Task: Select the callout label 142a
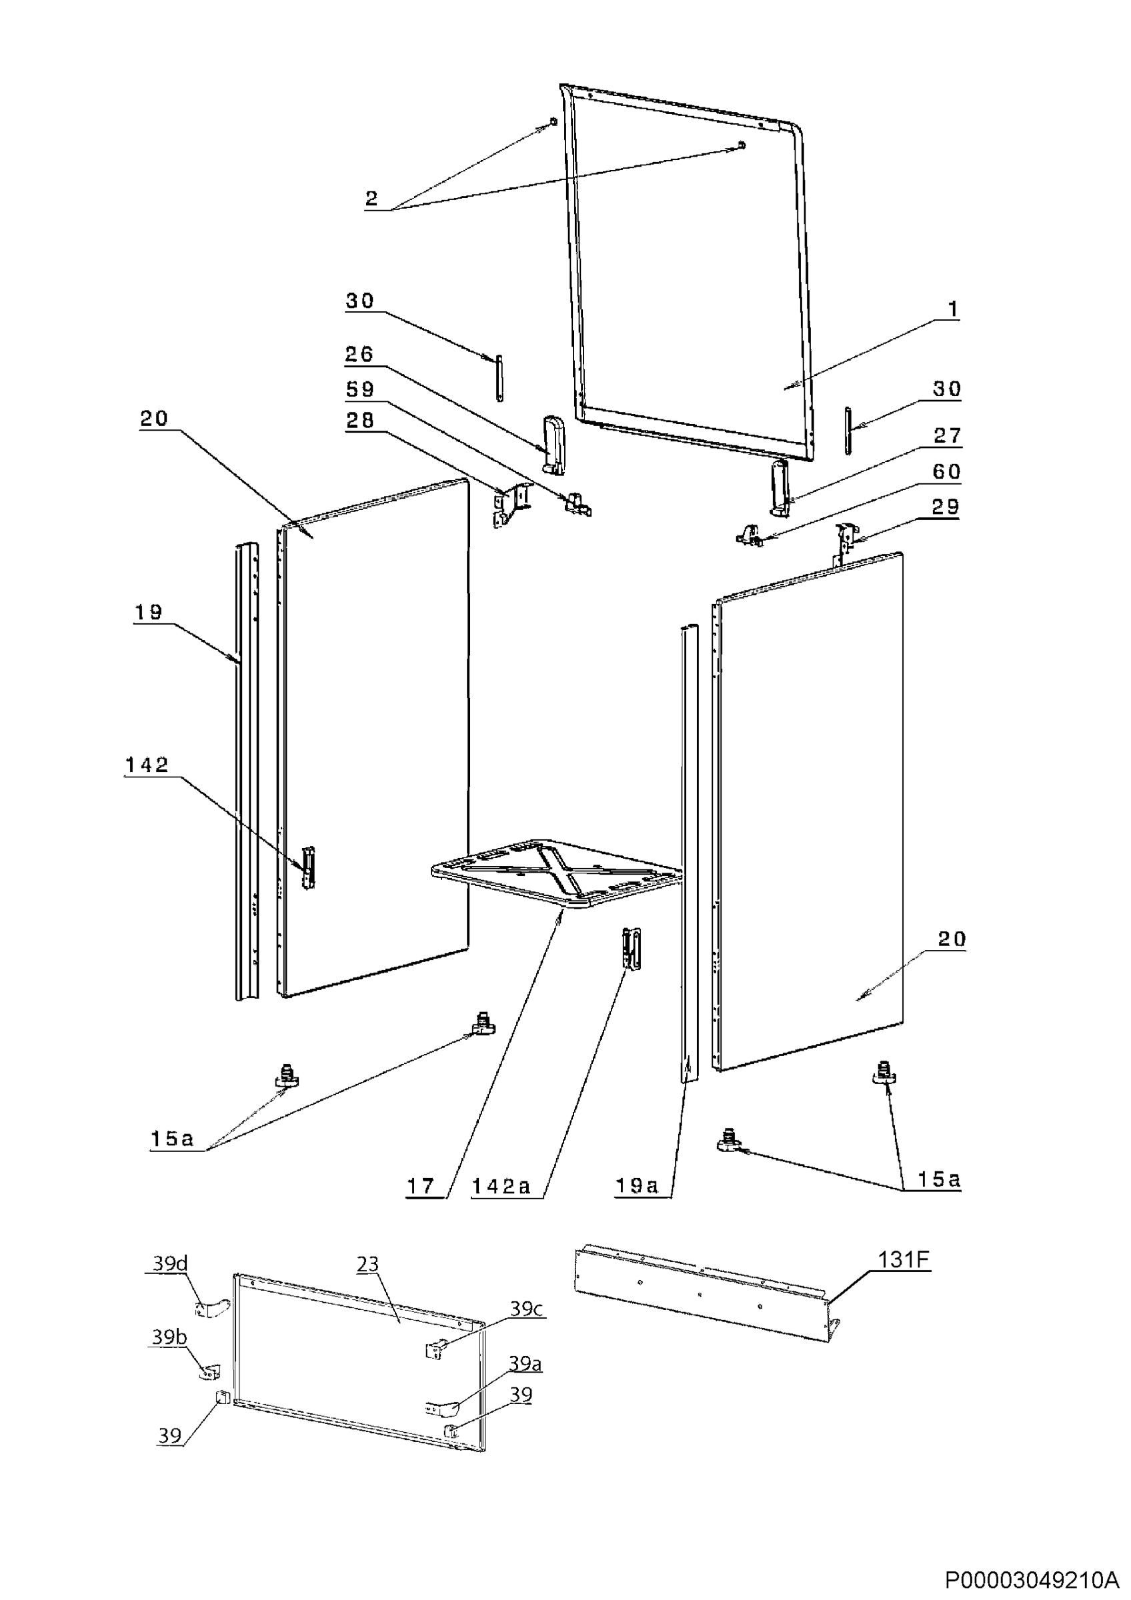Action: (x=501, y=1186)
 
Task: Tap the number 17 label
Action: (x=421, y=1186)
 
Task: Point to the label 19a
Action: (x=636, y=1186)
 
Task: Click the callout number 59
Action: (x=360, y=389)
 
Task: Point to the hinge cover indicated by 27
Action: (x=779, y=487)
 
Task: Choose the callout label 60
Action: (x=946, y=472)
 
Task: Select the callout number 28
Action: (x=360, y=420)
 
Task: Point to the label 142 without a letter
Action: (x=147, y=765)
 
